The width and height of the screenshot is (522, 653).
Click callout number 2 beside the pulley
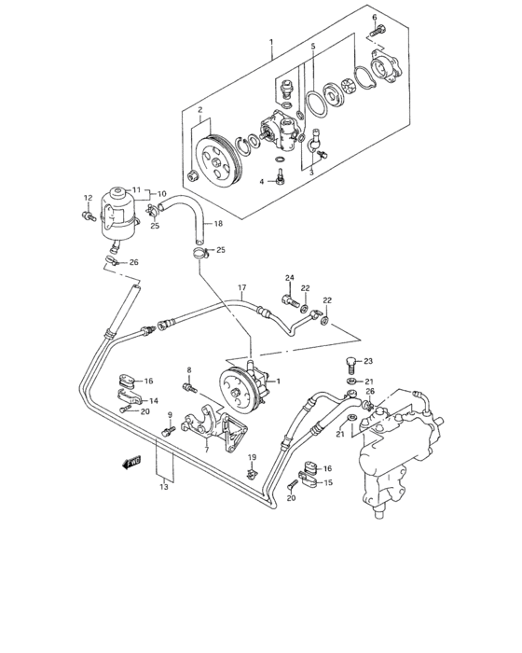coord(199,110)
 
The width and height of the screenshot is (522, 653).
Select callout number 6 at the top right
coord(375,18)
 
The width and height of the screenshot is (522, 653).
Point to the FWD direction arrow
coord(130,460)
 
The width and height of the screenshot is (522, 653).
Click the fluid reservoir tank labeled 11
coord(120,209)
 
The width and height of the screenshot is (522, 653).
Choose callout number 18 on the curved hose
coord(219,224)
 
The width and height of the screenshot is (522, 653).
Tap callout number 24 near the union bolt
coord(290,277)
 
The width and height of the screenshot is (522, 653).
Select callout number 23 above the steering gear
coord(368,361)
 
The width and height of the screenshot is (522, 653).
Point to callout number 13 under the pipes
coord(165,486)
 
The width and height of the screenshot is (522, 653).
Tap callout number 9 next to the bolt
coord(171,415)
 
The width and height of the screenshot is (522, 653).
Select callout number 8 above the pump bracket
coord(188,370)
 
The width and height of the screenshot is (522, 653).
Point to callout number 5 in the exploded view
coord(313,46)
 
